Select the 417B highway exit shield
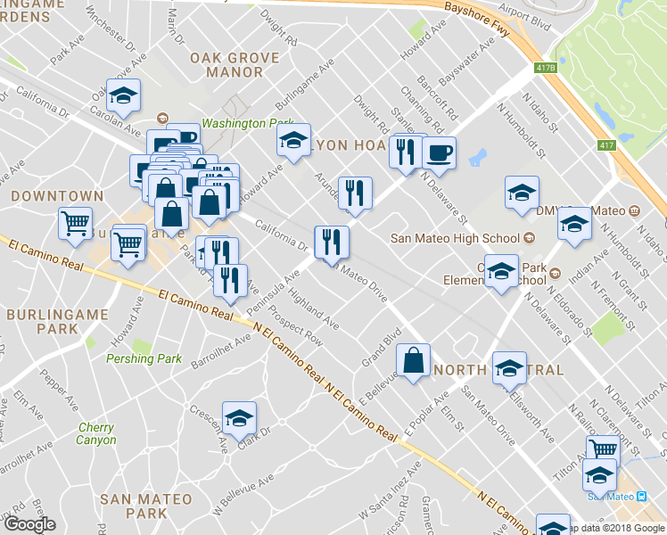point(546,68)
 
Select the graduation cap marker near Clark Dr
point(239,419)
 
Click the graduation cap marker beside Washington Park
point(292,139)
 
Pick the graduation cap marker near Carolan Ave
point(123,94)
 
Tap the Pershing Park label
point(144,358)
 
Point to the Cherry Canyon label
point(95,434)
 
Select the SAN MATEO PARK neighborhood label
point(134,506)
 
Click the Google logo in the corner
point(29,524)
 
